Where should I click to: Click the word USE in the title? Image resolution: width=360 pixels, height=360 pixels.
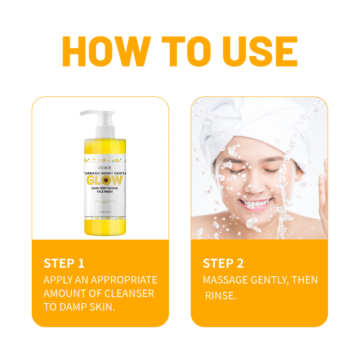pos(260,52)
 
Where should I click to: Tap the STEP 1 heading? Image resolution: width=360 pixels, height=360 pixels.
pos(64,263)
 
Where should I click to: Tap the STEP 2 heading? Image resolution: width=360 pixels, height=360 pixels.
pos(223,263)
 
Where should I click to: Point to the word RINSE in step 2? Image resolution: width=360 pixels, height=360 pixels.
pos(221,296)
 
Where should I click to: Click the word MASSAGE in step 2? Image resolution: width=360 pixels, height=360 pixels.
pos(225,280)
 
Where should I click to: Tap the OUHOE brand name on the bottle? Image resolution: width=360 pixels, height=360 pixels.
pos(105,168)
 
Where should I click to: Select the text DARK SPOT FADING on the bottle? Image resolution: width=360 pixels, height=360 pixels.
pos(105,188)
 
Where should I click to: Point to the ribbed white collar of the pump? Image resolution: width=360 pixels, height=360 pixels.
pos(105,132)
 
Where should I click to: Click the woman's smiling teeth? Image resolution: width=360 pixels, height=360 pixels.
pos(256,204)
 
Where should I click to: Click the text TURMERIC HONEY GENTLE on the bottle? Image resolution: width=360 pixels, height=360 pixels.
pos(105,173)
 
